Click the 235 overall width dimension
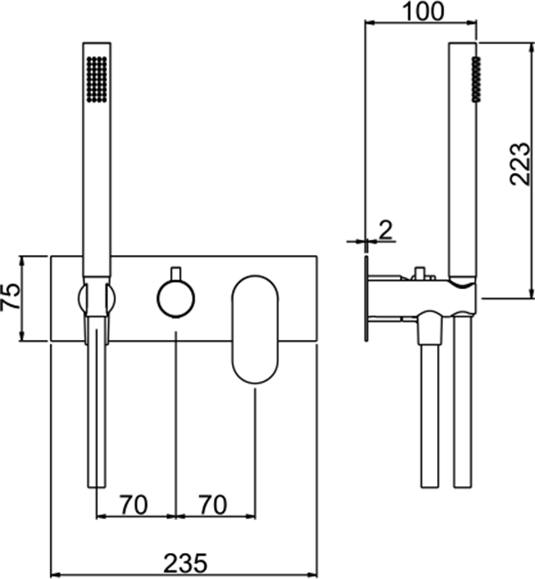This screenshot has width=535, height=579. click(x=185, y=564)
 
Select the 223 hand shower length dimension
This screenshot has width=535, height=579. click(x=520, y=163)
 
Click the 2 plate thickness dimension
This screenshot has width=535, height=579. click(x=385, y=230)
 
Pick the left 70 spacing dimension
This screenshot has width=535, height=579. click(x=134, y=505)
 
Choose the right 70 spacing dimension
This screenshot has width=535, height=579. click(x=213, y=505)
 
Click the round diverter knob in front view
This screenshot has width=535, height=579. click(x=176, y=298)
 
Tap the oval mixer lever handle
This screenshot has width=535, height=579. click(x=255, y=329)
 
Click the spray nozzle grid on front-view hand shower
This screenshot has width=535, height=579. click(x=97, y=79)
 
